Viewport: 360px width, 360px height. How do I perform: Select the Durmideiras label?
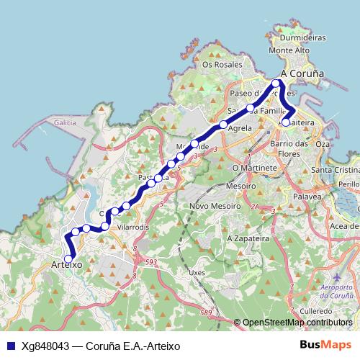(x=302, y=37)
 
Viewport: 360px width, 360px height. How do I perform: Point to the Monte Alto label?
(x=288, y=51)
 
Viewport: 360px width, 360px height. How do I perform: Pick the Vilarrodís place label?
(x=132, y=226)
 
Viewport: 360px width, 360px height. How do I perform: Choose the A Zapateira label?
(x=247, y=237)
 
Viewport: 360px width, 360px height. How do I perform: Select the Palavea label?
(x=307, y=195)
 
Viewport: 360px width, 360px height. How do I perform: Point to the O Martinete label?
(x=254, y=168)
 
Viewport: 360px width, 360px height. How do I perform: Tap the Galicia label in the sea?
(x=65, y=124)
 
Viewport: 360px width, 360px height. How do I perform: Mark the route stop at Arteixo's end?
(x=69, y=258)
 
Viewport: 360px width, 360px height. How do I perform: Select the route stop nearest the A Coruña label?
(x=276, y=84)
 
